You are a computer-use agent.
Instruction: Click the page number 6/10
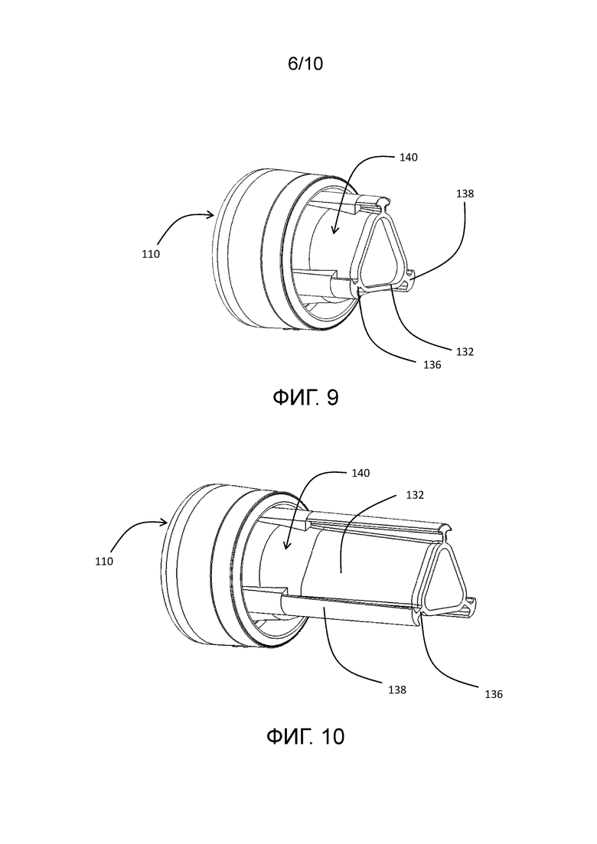pyautogui.click(x=305, y=64)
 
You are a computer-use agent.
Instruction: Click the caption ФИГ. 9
pyautogui.click(x=305, y=398)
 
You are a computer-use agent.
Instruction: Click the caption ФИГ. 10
pyautogui.click(x=305, y=736)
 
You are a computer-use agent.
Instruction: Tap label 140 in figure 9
pyautogui.click(x=408, y=157)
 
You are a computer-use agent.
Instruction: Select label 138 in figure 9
pyautogui.click(x=465, y=194)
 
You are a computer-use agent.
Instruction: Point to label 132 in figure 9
pyautogui.click(x=465, y=351)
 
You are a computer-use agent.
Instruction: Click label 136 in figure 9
pyautogui.click(x=432, y=365)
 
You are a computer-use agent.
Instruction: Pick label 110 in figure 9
pyautogui.click(x=151, y=254)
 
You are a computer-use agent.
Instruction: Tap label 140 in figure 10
pyautogui.click(x=360, y=473)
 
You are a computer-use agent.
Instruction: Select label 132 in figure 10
pyautogui.click(x=415, y=494)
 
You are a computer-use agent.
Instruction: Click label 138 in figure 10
pyautogui.click(x=396, y=689)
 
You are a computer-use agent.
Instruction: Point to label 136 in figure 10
pyautogui.click(x=493, y=694)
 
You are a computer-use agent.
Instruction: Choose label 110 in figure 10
pyautogui.click(x=104, y=561)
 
